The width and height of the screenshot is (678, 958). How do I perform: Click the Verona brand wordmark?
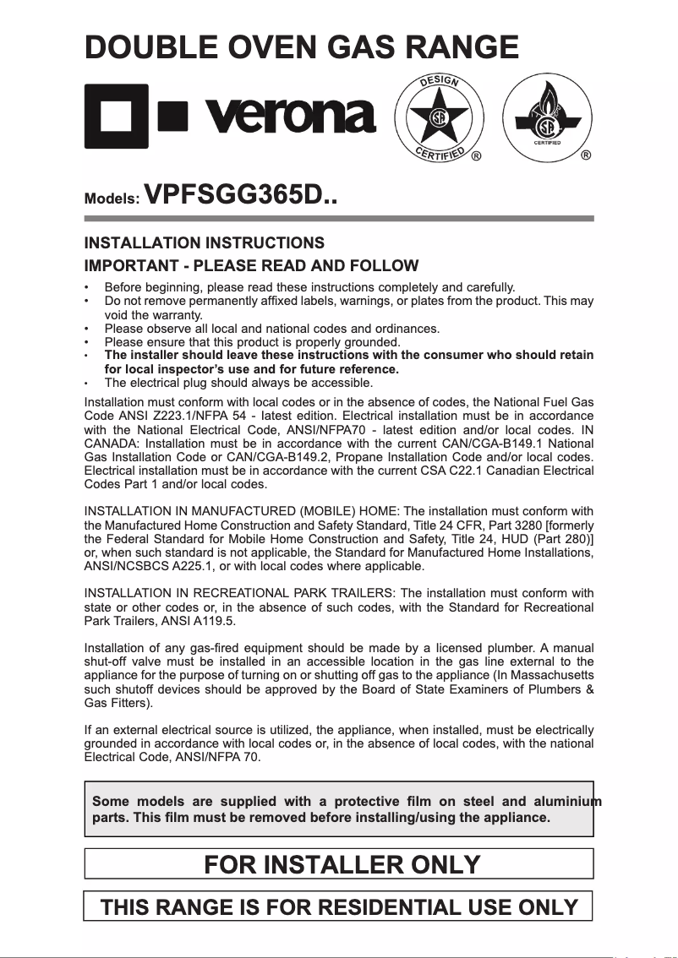point(284,114)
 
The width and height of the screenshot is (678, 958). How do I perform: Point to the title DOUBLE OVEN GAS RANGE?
point(301,46)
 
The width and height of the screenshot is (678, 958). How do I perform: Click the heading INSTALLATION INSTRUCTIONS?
point(205,243)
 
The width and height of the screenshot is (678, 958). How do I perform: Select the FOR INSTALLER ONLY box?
point(339,864)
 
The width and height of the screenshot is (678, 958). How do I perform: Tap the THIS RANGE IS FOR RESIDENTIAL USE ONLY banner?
point(339,907)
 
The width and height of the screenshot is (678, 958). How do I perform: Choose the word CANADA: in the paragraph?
point(113,444)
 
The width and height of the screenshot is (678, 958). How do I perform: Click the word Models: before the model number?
point(112,200)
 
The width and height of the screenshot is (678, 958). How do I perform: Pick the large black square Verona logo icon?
point(118,116)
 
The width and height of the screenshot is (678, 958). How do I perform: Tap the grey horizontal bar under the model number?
point(339,219)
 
